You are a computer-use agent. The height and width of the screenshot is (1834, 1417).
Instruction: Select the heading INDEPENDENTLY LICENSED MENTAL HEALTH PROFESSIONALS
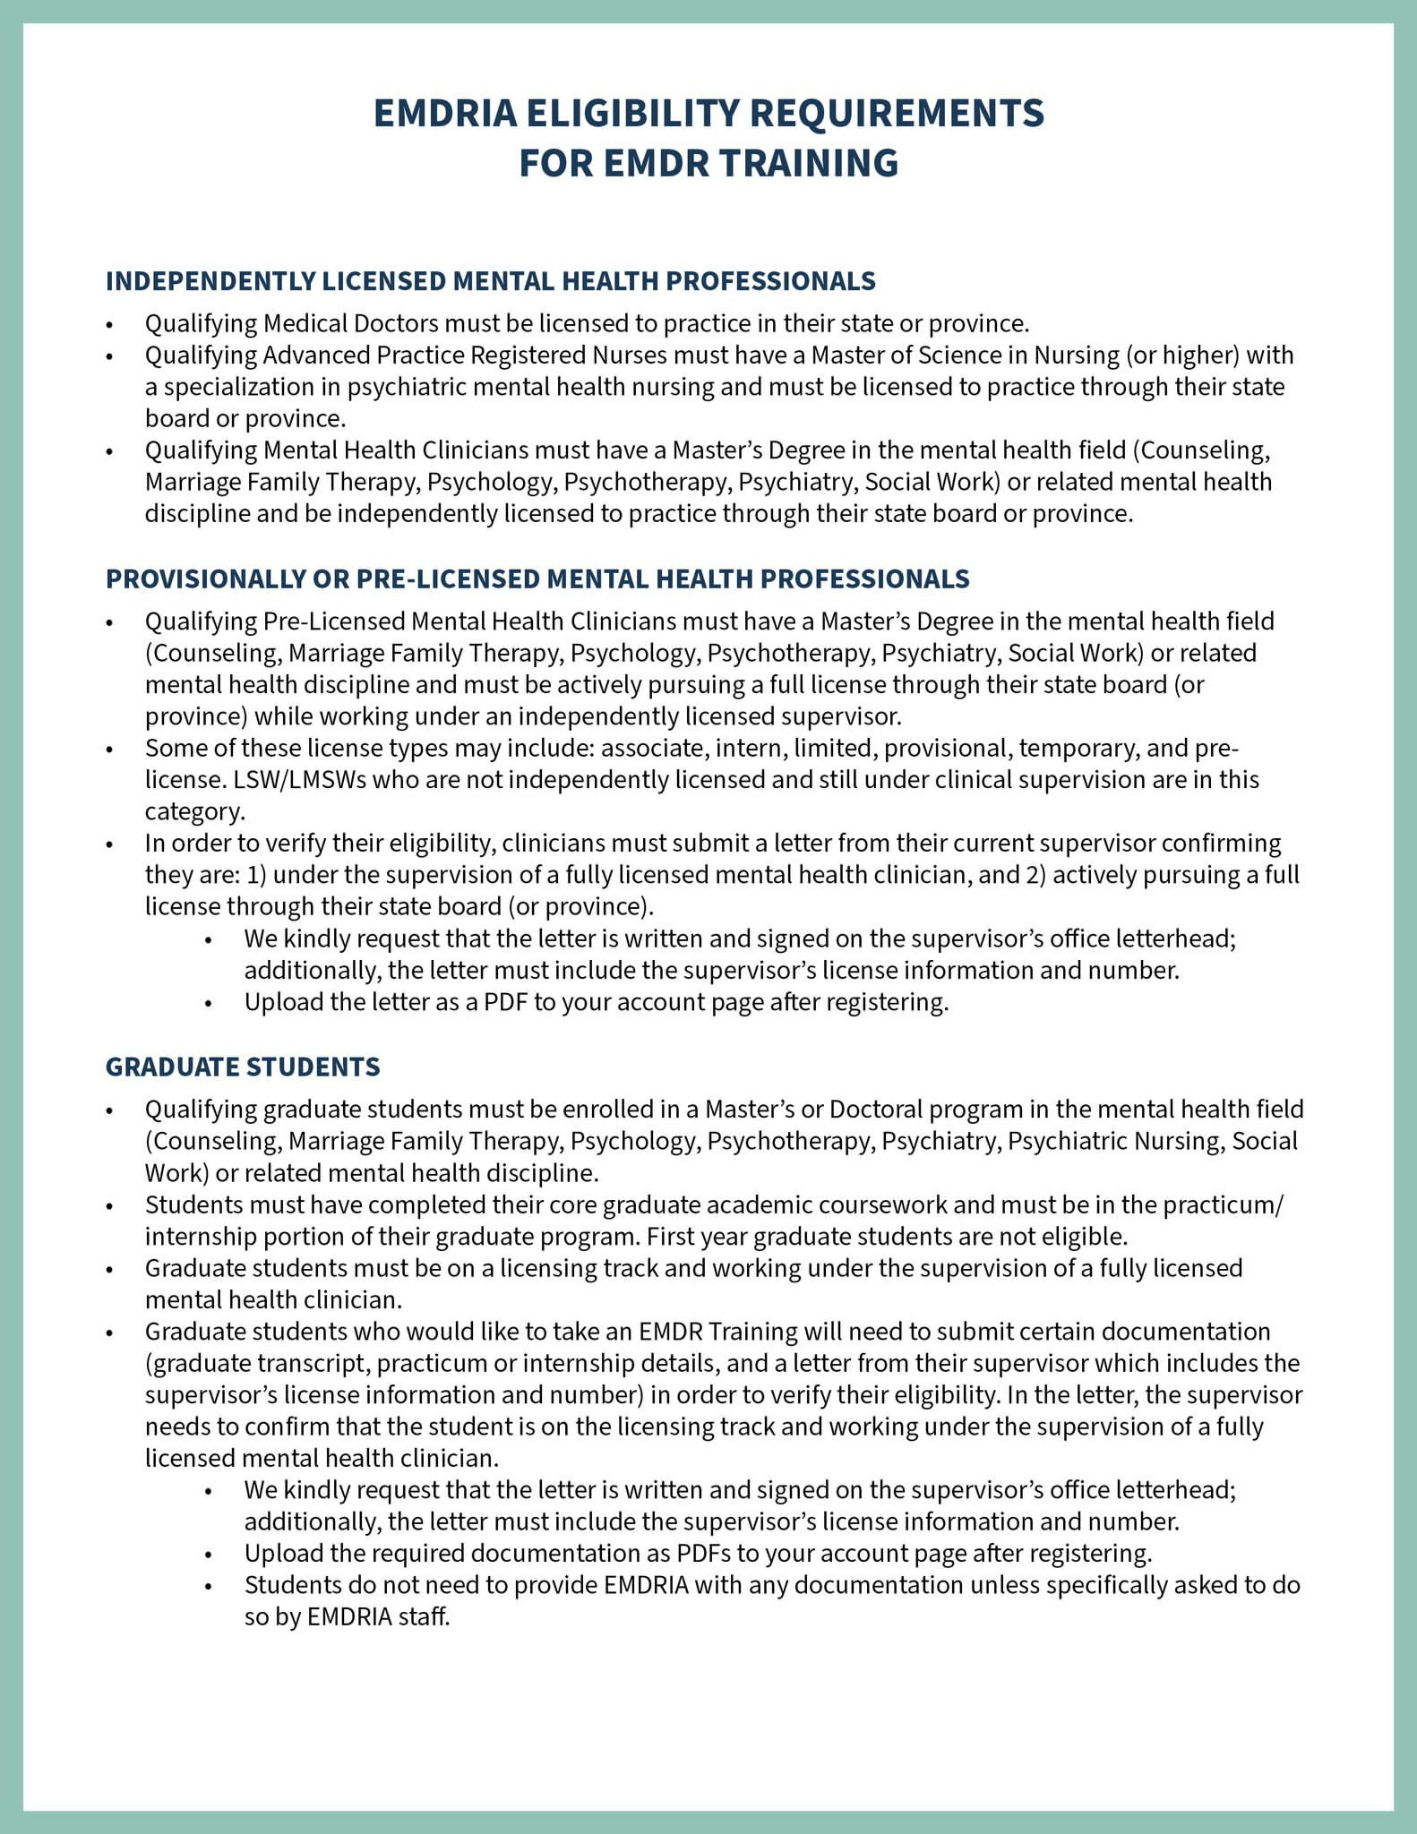(x=490, y=281)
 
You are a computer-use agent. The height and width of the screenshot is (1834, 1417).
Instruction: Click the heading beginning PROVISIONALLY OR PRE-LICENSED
(x=537, y=578)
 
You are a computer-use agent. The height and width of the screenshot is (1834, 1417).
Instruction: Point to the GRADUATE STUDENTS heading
(x=243, y=1067)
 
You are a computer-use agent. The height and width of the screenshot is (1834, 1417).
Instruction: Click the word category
(x=193, y=812)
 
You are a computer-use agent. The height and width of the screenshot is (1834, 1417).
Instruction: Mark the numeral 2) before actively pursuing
(x=1034, y=875)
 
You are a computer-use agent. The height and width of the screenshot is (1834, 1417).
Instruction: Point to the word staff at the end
(x=425, y=1617)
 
